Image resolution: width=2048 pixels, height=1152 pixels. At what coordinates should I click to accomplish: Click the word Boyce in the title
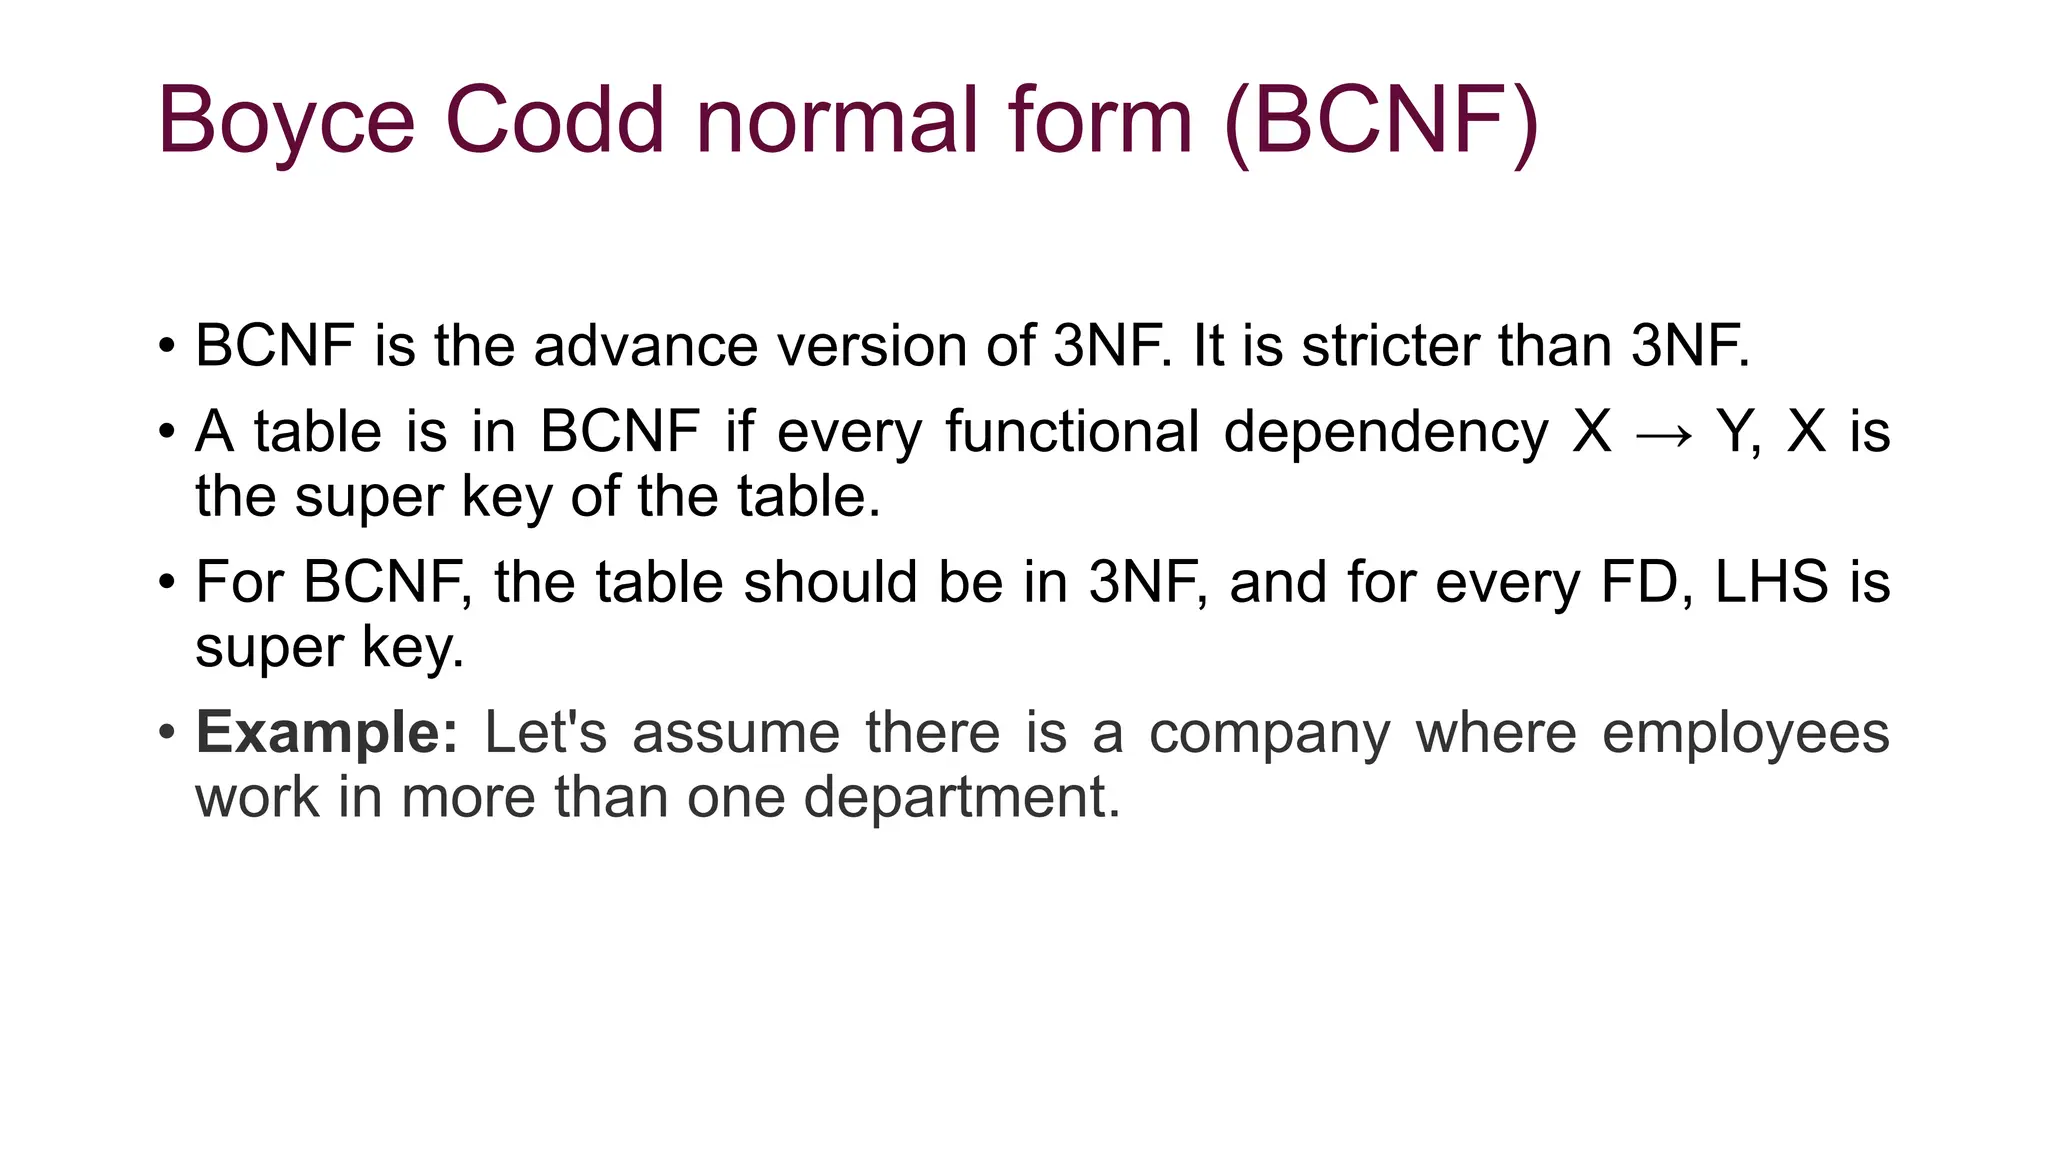[x=286, y=122]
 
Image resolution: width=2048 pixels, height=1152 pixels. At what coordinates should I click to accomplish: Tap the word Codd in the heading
[x=554, y=120]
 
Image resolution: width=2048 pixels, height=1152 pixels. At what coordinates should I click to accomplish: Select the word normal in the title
[x=837, y=120]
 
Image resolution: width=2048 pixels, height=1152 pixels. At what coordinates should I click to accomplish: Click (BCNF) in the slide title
[x=1381, y=122]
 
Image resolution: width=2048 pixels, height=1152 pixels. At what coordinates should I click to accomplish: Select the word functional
[x=1072, y=432]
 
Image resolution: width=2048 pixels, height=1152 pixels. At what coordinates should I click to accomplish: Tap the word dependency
[x=1385, y=434]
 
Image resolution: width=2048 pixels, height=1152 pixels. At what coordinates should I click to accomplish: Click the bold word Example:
[x=327, y=733]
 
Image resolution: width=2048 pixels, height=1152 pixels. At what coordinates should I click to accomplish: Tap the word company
[x=1269, y=735]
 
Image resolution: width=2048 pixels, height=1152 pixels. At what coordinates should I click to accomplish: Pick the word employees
[x=1745, y=735]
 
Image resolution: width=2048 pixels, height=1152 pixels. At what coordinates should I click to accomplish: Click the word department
[x=962, y=799]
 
